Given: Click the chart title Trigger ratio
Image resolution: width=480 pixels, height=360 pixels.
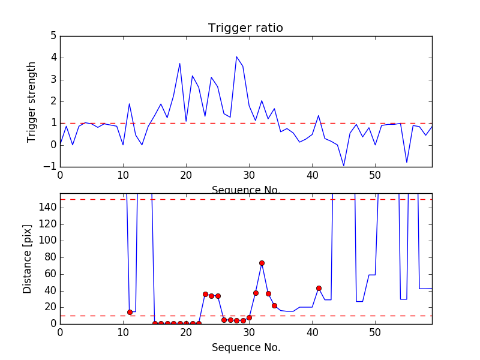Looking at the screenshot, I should tap(245, 28).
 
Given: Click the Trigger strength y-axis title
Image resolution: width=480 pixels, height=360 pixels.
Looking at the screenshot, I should tap(32, 101).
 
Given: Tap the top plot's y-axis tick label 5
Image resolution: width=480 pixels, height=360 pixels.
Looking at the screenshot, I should tap(53, 36).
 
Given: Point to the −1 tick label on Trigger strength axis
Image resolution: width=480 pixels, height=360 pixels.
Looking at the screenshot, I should tap(50, 166).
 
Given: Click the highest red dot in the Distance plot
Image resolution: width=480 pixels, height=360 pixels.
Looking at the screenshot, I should tap(262, 263).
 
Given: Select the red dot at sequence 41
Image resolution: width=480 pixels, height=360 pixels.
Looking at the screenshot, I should tap(319, 288).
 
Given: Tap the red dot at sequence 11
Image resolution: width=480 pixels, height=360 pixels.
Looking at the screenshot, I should tap(130, 312).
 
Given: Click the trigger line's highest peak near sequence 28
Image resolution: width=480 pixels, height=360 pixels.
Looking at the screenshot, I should tap(236, 57).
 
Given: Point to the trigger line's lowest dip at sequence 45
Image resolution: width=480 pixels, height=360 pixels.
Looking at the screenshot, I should tap(344, 166).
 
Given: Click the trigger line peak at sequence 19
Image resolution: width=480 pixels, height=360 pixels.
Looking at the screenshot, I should tap(180, 64).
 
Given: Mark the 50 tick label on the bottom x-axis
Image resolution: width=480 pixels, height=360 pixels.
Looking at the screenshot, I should tap(375, 331).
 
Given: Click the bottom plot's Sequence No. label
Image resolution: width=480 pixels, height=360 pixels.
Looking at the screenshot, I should tap(245, 347).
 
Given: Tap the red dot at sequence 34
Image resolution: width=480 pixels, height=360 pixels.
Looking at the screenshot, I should tap(274, 305).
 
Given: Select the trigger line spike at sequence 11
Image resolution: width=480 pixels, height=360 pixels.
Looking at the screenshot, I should tap(130, 104).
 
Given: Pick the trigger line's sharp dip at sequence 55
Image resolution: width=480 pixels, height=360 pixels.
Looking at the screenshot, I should tap(407, 163).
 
